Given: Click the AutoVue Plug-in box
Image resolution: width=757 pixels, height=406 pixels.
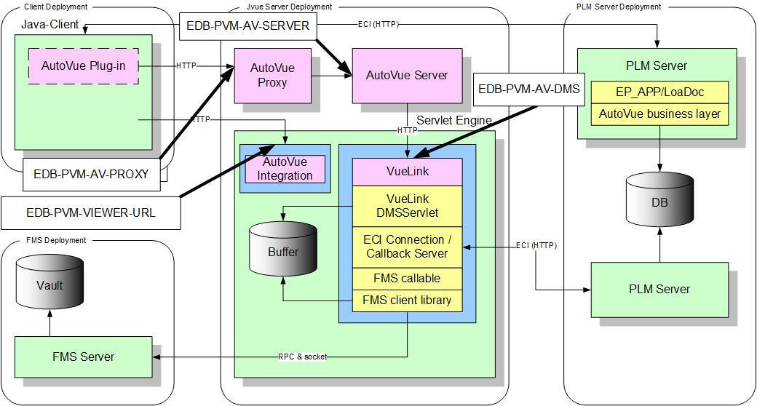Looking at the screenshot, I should point(83,66).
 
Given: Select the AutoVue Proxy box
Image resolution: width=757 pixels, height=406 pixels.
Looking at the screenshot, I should point(272,75).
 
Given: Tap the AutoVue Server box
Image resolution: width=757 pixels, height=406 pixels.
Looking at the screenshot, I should point(407,76).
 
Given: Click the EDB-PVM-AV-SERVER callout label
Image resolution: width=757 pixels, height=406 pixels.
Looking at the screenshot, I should point(248,27).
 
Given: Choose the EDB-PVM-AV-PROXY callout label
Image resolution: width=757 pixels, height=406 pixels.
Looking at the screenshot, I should point(91,174).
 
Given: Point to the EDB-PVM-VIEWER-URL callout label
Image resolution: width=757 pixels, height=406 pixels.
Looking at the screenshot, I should point(90,213).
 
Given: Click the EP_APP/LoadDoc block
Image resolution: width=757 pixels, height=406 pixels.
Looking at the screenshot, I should point(659,92).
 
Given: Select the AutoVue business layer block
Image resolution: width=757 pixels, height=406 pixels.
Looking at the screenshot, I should point(659,114).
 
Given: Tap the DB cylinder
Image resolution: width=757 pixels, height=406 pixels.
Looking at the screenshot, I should point(659,204).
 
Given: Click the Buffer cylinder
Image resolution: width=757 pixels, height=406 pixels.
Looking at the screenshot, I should point(282,253).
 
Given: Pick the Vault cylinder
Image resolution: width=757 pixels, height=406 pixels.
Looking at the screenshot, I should point(49,286).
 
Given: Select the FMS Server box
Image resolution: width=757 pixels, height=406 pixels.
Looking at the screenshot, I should point(83,357).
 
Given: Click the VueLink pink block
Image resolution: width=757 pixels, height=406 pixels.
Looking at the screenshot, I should point(407,172).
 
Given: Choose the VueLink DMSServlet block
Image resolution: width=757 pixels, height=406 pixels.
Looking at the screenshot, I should point(407,205).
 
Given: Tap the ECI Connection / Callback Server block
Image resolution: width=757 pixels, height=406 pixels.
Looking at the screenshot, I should point(407,247).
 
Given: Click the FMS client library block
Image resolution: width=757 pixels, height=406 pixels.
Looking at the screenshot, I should point(407,300).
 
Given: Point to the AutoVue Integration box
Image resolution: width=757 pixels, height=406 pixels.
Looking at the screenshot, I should point(285,170).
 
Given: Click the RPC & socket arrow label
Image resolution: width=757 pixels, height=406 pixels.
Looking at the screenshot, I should point(302,357).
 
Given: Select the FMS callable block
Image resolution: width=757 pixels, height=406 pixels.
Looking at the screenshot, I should point(407,278).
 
